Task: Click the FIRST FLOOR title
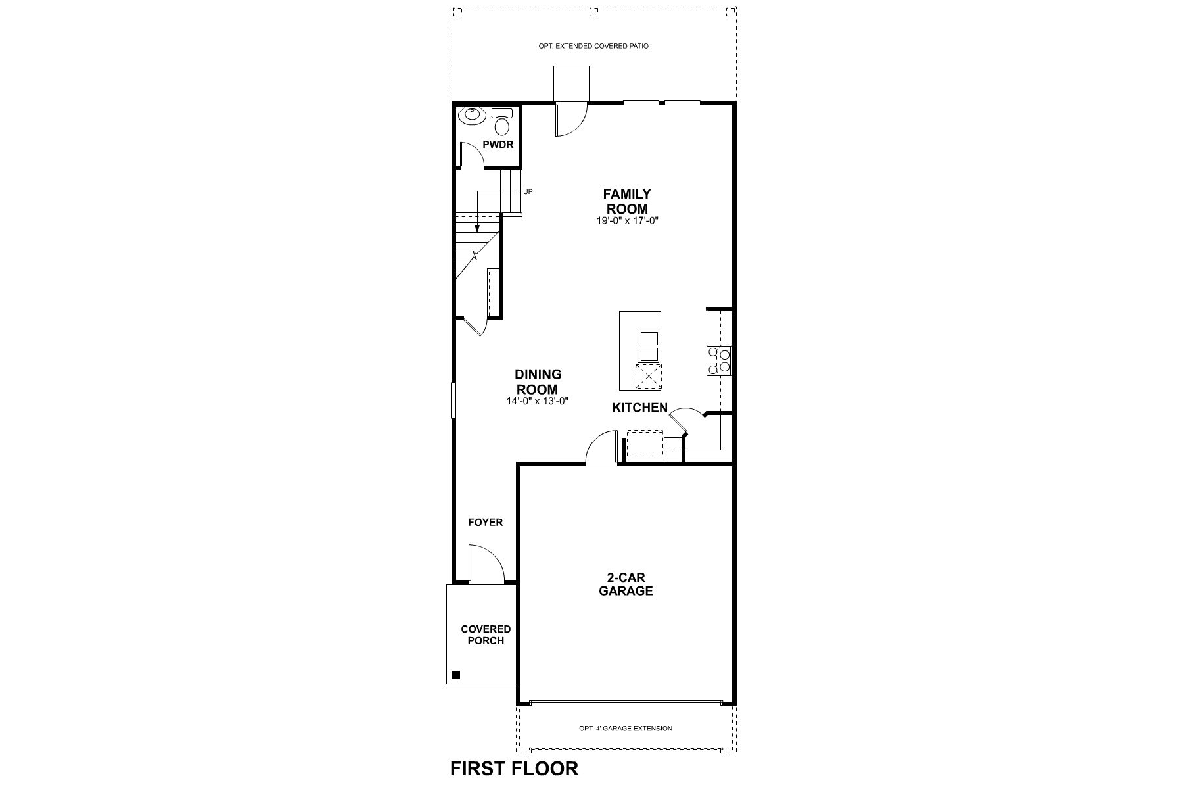click(x=514, y=768)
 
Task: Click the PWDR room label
click(x=498, y=145)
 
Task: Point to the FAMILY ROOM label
click(x=627, y=201)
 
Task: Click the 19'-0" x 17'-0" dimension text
click(x=628, y=221)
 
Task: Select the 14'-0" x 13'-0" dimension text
click(x=538, y=400)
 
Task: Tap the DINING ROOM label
click(x=538, y=381)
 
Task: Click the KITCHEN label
click(x=639, y=408)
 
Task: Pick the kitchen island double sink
click(x=649, y=347)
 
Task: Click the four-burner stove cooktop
click(x=719, y=360)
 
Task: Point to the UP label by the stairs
click(x=528, y=192)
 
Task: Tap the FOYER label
click(x=485, y=523)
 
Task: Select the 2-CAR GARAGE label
click(x=626, y=584)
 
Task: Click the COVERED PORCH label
click(x=486, y=634)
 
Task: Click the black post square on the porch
click(x=456, y=675)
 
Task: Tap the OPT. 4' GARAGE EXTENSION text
click(x=625, y=728)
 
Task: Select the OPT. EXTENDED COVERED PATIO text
click(x=593, y=47)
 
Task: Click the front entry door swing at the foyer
click(x=486, y=563)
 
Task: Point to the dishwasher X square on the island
click(x=649, y=377)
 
